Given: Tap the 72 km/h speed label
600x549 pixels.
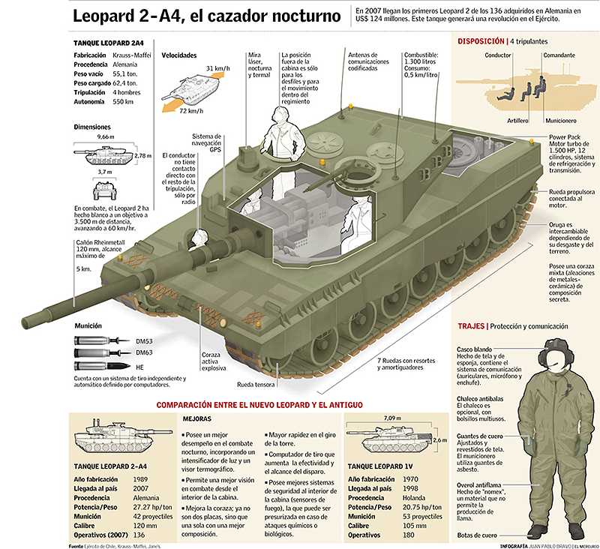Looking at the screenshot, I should [x=192, y=111].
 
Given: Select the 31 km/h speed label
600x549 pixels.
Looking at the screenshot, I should [x=218, y=68].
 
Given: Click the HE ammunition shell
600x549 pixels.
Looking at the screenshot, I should [x=102, y=366].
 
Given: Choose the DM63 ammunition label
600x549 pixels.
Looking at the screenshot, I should [x=143, y=352].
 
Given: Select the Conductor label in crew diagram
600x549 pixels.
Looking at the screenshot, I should [x=498, y=56].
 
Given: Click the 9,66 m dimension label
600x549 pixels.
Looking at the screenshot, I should [x=106, y=138].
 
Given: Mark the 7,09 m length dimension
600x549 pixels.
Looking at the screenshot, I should [x=391, y=417].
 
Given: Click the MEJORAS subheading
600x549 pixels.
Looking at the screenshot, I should [x=198, y=418].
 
